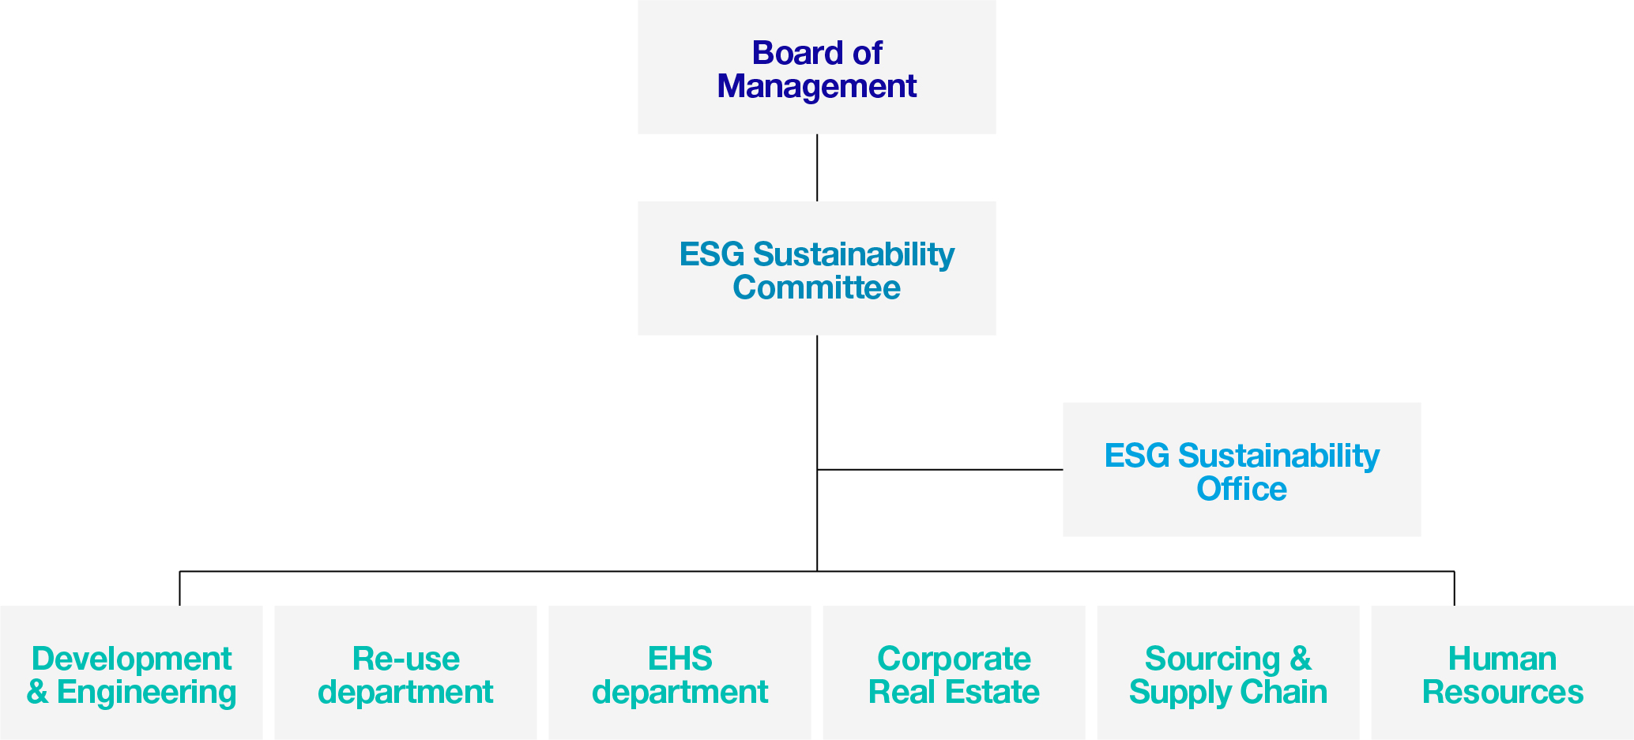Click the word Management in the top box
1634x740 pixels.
coord(816,86)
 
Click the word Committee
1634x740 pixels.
coord(816,287)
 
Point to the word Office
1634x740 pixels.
coord(1241,489)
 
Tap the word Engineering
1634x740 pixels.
coord(146,692)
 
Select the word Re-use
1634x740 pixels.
coord(405,659)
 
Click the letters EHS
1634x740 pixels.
coord(680,659)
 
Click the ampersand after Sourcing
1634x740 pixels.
coord(1301,659)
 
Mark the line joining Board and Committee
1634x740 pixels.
coord(817,167)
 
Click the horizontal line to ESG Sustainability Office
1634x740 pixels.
coord(940,470)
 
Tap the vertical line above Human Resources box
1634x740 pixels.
coord(1454,588)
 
